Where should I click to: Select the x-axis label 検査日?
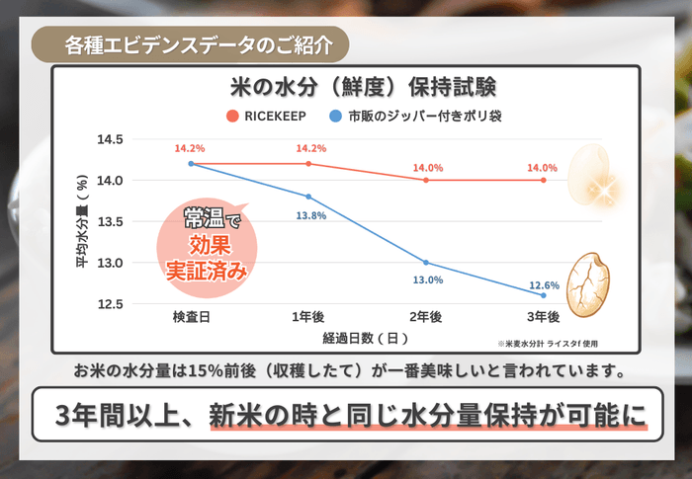[190, 317]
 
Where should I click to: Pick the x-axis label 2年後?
[426, 317]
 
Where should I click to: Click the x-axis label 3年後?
[543, 317]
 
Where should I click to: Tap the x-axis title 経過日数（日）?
[366, 337]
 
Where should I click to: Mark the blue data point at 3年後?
[544, 295]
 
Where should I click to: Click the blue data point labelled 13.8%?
[308, 197]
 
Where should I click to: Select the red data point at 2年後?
[426, 180]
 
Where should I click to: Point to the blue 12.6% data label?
[543, 284]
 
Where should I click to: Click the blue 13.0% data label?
[426, 279]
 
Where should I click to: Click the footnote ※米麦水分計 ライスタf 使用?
[548, 344]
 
